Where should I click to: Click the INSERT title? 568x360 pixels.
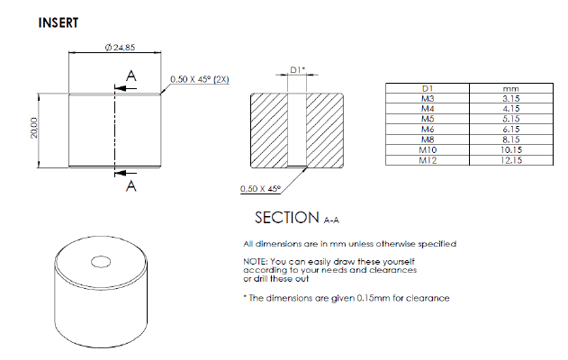pos(59,22)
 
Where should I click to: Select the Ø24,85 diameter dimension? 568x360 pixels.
pos(120,48)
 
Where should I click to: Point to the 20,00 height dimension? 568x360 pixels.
pos(33,128)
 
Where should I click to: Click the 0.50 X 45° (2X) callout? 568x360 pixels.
pos(200,79)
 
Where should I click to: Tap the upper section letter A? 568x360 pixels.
pos(131,76)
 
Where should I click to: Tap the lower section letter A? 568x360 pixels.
pos(131,186)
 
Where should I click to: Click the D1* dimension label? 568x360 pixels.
pos(298,69)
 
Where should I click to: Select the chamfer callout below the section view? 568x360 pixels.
pos(260,189)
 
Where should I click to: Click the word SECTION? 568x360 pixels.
pos(286,218)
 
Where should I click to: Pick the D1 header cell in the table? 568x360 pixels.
pos(428,88)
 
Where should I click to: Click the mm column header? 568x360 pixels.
pos(510,89)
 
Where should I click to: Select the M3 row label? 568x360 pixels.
pos(428,98)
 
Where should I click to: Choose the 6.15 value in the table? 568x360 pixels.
pos(510,130)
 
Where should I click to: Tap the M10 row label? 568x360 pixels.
pos(428,150)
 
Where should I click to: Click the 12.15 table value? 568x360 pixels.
pos(510,160)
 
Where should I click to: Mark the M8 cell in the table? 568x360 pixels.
pos(428,139)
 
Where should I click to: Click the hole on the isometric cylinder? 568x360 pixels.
pos(101,262)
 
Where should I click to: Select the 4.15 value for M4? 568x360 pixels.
pos(510,109)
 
